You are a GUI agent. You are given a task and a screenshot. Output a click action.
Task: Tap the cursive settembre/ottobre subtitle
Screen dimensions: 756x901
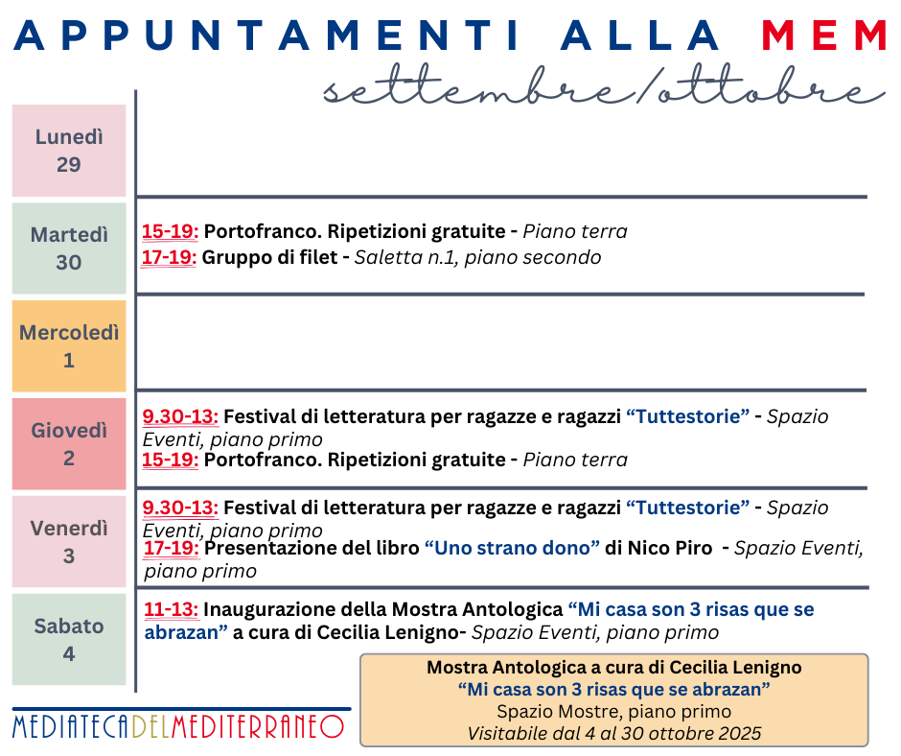603,89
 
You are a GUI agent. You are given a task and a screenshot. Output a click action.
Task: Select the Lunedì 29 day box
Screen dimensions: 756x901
69,151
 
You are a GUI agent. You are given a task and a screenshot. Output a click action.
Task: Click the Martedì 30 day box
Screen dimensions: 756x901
69,248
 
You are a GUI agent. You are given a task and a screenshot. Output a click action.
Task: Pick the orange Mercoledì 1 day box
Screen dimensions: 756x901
69,346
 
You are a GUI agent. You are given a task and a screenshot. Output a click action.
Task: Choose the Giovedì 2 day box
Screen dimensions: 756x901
69,444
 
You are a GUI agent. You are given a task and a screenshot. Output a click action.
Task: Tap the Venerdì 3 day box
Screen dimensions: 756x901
69,542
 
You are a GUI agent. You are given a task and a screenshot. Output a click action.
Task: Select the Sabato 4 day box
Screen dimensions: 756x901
69,640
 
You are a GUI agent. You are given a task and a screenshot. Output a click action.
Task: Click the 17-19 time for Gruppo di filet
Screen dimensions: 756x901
170,257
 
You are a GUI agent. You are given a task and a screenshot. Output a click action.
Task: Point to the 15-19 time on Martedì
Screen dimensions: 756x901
170,231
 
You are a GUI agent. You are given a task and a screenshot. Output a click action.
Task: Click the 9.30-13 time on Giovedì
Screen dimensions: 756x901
180,416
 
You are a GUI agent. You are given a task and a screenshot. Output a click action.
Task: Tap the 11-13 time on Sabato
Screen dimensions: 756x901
172,609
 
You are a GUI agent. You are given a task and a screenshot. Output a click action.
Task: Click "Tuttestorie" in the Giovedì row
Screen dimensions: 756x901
687,416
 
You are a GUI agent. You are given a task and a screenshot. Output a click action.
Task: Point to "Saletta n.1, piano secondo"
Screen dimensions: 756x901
477,257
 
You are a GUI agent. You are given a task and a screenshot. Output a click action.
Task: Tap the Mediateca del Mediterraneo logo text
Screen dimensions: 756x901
178,726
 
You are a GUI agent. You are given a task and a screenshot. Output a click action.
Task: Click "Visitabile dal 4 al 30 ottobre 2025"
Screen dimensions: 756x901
613,734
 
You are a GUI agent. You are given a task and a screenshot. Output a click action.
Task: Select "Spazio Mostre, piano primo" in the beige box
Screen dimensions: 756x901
613,712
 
